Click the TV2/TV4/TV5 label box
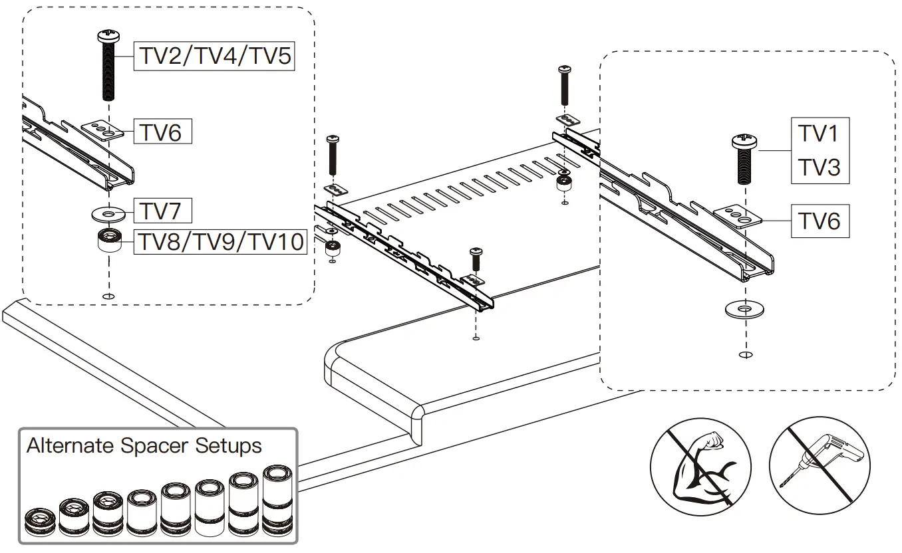214,56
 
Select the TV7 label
163,211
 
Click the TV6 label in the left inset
162,132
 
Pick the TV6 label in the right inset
820,220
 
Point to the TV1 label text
820,134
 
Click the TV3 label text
820,167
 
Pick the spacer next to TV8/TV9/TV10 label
108,239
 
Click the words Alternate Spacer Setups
144,445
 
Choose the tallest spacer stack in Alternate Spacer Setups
277,500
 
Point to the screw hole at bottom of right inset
745,355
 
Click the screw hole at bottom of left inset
108,296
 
